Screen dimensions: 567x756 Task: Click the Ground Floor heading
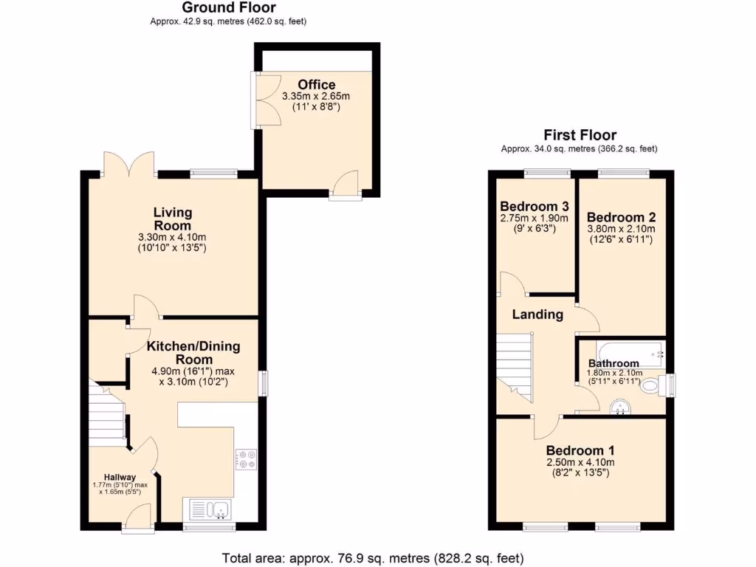pyautogui.click(x=229, y=8)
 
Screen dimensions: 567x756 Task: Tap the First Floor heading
pyautogui.click(x=580, y=135)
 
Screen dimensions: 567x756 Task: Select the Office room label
pyautogui.click(x=317, y=85)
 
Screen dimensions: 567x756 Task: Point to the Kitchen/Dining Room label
pyautogui.click(x=193, y=352)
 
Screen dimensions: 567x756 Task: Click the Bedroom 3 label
pyautogui.click(x=534, y=206)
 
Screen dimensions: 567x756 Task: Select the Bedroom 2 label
pyautogui.click(x=621, y=217)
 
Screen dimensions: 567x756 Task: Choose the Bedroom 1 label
pyautogui.click(x=580, y=450)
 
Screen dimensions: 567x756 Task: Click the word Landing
pyautogui.click(x=538, y=315)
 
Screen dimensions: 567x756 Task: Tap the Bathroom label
pyautogui.click(x=614, y=363)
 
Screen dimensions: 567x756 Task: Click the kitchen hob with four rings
pyautogui.click(x=245, y=459)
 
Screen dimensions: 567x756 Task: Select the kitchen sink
pyautogui.click(x=210, y=508)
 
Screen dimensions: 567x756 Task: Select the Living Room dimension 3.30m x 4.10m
pyautogui.click(x=173, y=237)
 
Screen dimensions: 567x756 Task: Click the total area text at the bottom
pyautogui.click(x=373, y=557)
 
